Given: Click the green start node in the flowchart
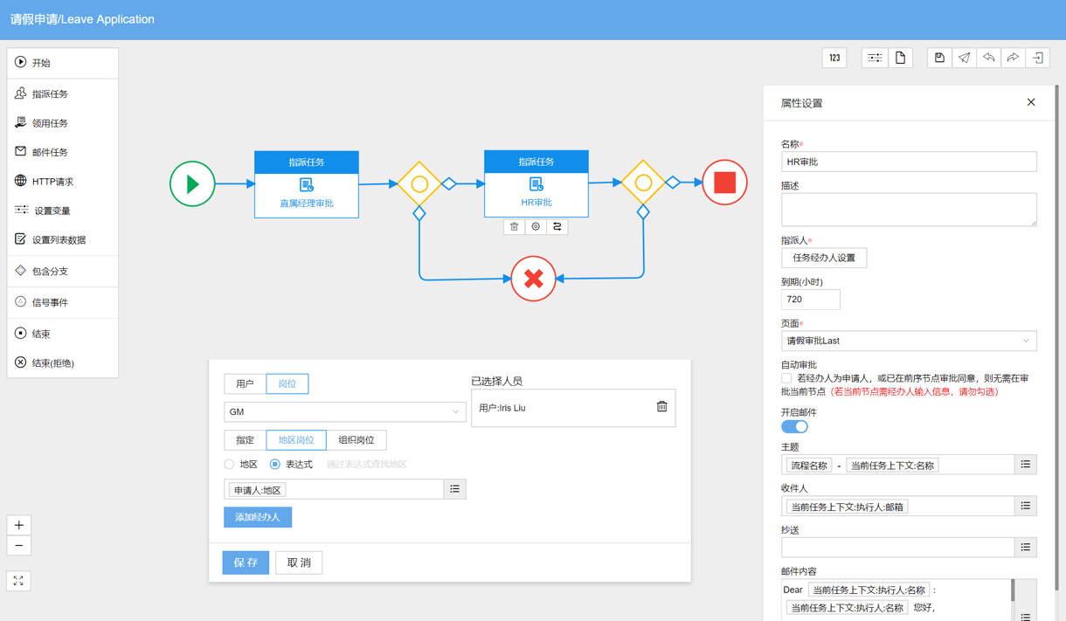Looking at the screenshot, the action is [x=192, y=183].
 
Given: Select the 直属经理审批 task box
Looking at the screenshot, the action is [x=307, y=184].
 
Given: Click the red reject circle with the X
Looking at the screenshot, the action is [x=534, y=279].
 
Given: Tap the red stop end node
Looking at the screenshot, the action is [x=724, y=183].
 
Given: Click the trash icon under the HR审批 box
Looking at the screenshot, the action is [x=514, y=226].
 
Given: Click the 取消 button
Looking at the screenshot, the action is [x=299, y=562].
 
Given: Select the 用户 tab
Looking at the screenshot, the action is [x=245, y=383].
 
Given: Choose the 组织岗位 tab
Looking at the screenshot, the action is [x=356, y=439].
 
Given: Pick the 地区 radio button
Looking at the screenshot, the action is [x=230, y=464].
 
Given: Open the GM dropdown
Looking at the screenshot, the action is [x=344, y=411].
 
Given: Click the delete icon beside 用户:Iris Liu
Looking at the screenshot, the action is [x=661, y=406].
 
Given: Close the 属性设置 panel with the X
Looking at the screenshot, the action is [x=1031, y=102].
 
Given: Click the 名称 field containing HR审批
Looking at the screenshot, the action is [x=909, y=162].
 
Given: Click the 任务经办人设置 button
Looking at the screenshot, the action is [x=824, y=258].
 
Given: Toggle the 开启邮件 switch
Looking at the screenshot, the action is [x=794, y=426].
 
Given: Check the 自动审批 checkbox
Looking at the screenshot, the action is [x=786, y=378].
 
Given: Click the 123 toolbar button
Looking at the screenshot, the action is [x=834, y=58].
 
